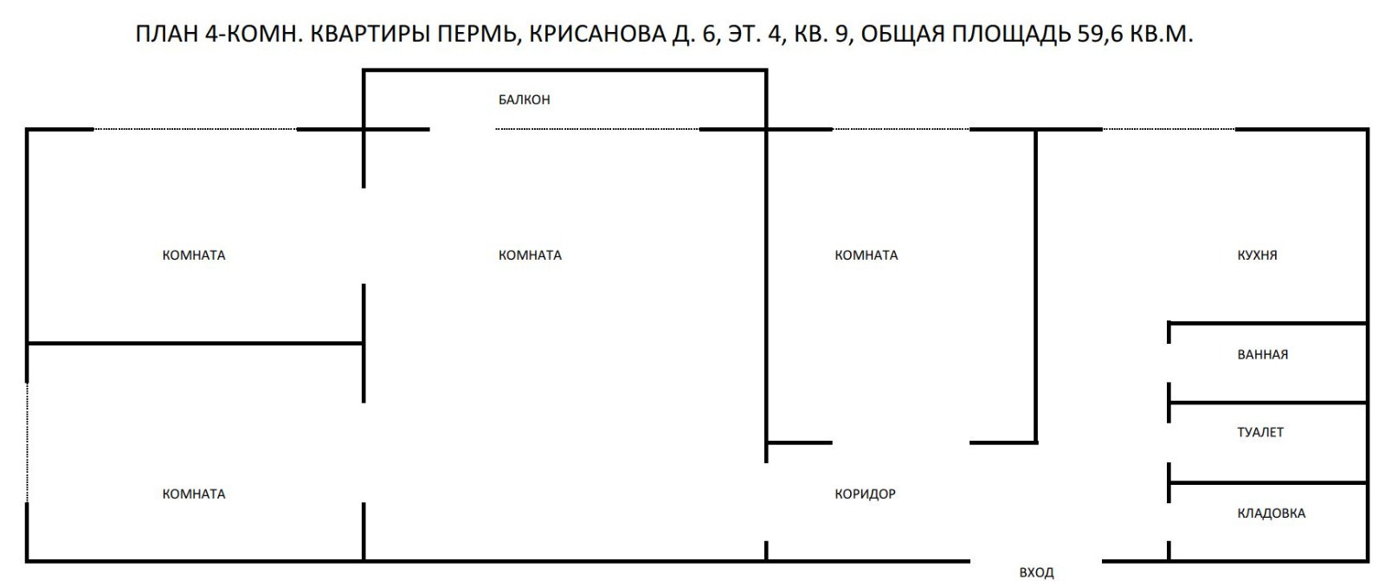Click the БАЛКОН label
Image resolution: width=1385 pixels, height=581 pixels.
[x=524, y=100]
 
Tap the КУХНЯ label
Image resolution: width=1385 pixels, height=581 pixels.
[x=1257, y=255]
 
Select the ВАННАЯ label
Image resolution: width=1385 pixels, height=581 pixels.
[x=1262, y=354]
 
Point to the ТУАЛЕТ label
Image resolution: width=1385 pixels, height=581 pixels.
[x=1260, y=432]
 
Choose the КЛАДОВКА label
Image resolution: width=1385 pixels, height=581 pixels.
[x=1271, y=513]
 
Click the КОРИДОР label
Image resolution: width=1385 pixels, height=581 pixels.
[x=865, y=494]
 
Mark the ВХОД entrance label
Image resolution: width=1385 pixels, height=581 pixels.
[x=1036, y=572]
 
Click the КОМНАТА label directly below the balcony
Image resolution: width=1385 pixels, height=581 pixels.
[x=530, y=255]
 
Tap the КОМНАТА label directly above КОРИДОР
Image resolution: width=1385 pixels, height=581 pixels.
[x=866, y=255]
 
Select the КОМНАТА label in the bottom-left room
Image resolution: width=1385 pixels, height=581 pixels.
[x=194, y=494]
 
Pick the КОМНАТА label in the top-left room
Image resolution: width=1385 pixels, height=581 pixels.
[x=194, y=255]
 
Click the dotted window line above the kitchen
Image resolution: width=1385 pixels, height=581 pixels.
[x=1169, y=130]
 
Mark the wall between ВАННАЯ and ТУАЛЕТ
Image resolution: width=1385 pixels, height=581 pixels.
[x=1268, y=403]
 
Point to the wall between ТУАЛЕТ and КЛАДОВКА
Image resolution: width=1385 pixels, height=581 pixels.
[x=1268, y=482]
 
